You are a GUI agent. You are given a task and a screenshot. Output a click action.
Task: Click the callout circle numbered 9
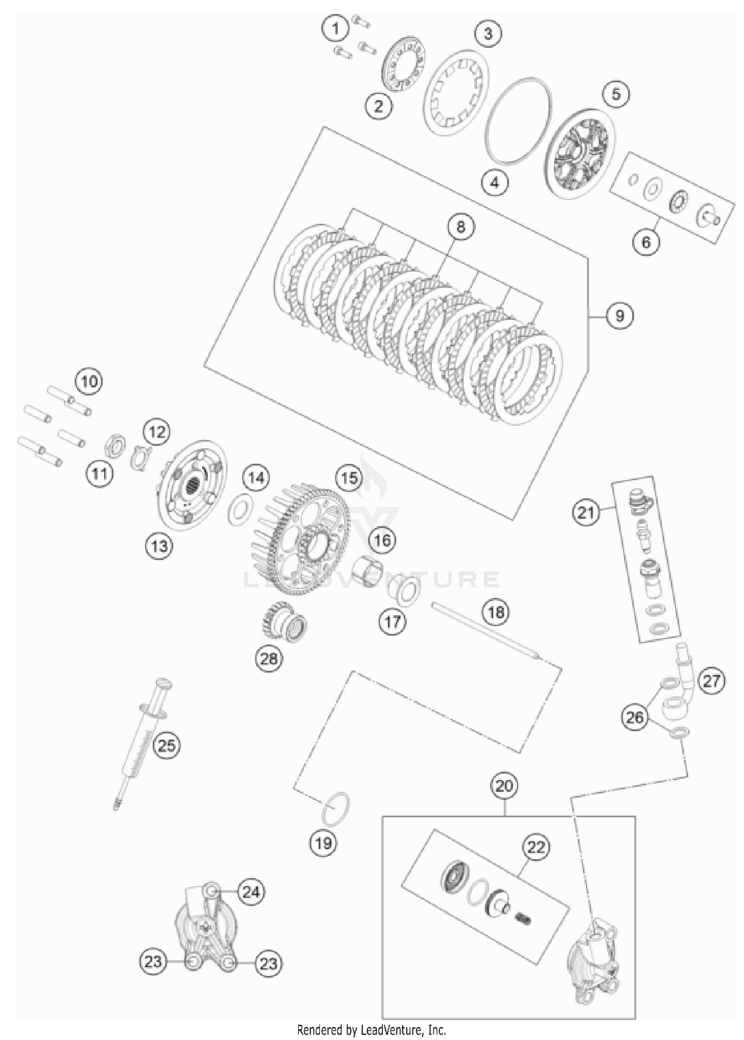coord(619,315)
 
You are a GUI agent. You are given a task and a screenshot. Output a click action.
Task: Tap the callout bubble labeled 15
coord(349,478)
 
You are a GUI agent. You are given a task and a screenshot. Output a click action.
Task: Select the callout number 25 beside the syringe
coord(166,746)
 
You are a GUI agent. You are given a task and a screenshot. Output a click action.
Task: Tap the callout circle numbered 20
coord(504,786)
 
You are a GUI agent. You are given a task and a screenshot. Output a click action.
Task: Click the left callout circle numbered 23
coord(153,962)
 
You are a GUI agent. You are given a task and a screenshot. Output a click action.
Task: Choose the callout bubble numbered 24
coord(251,892)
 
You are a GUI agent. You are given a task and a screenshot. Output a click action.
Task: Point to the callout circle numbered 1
coord(336,28)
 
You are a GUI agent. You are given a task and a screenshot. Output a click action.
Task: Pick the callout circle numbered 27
coord(711,681)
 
